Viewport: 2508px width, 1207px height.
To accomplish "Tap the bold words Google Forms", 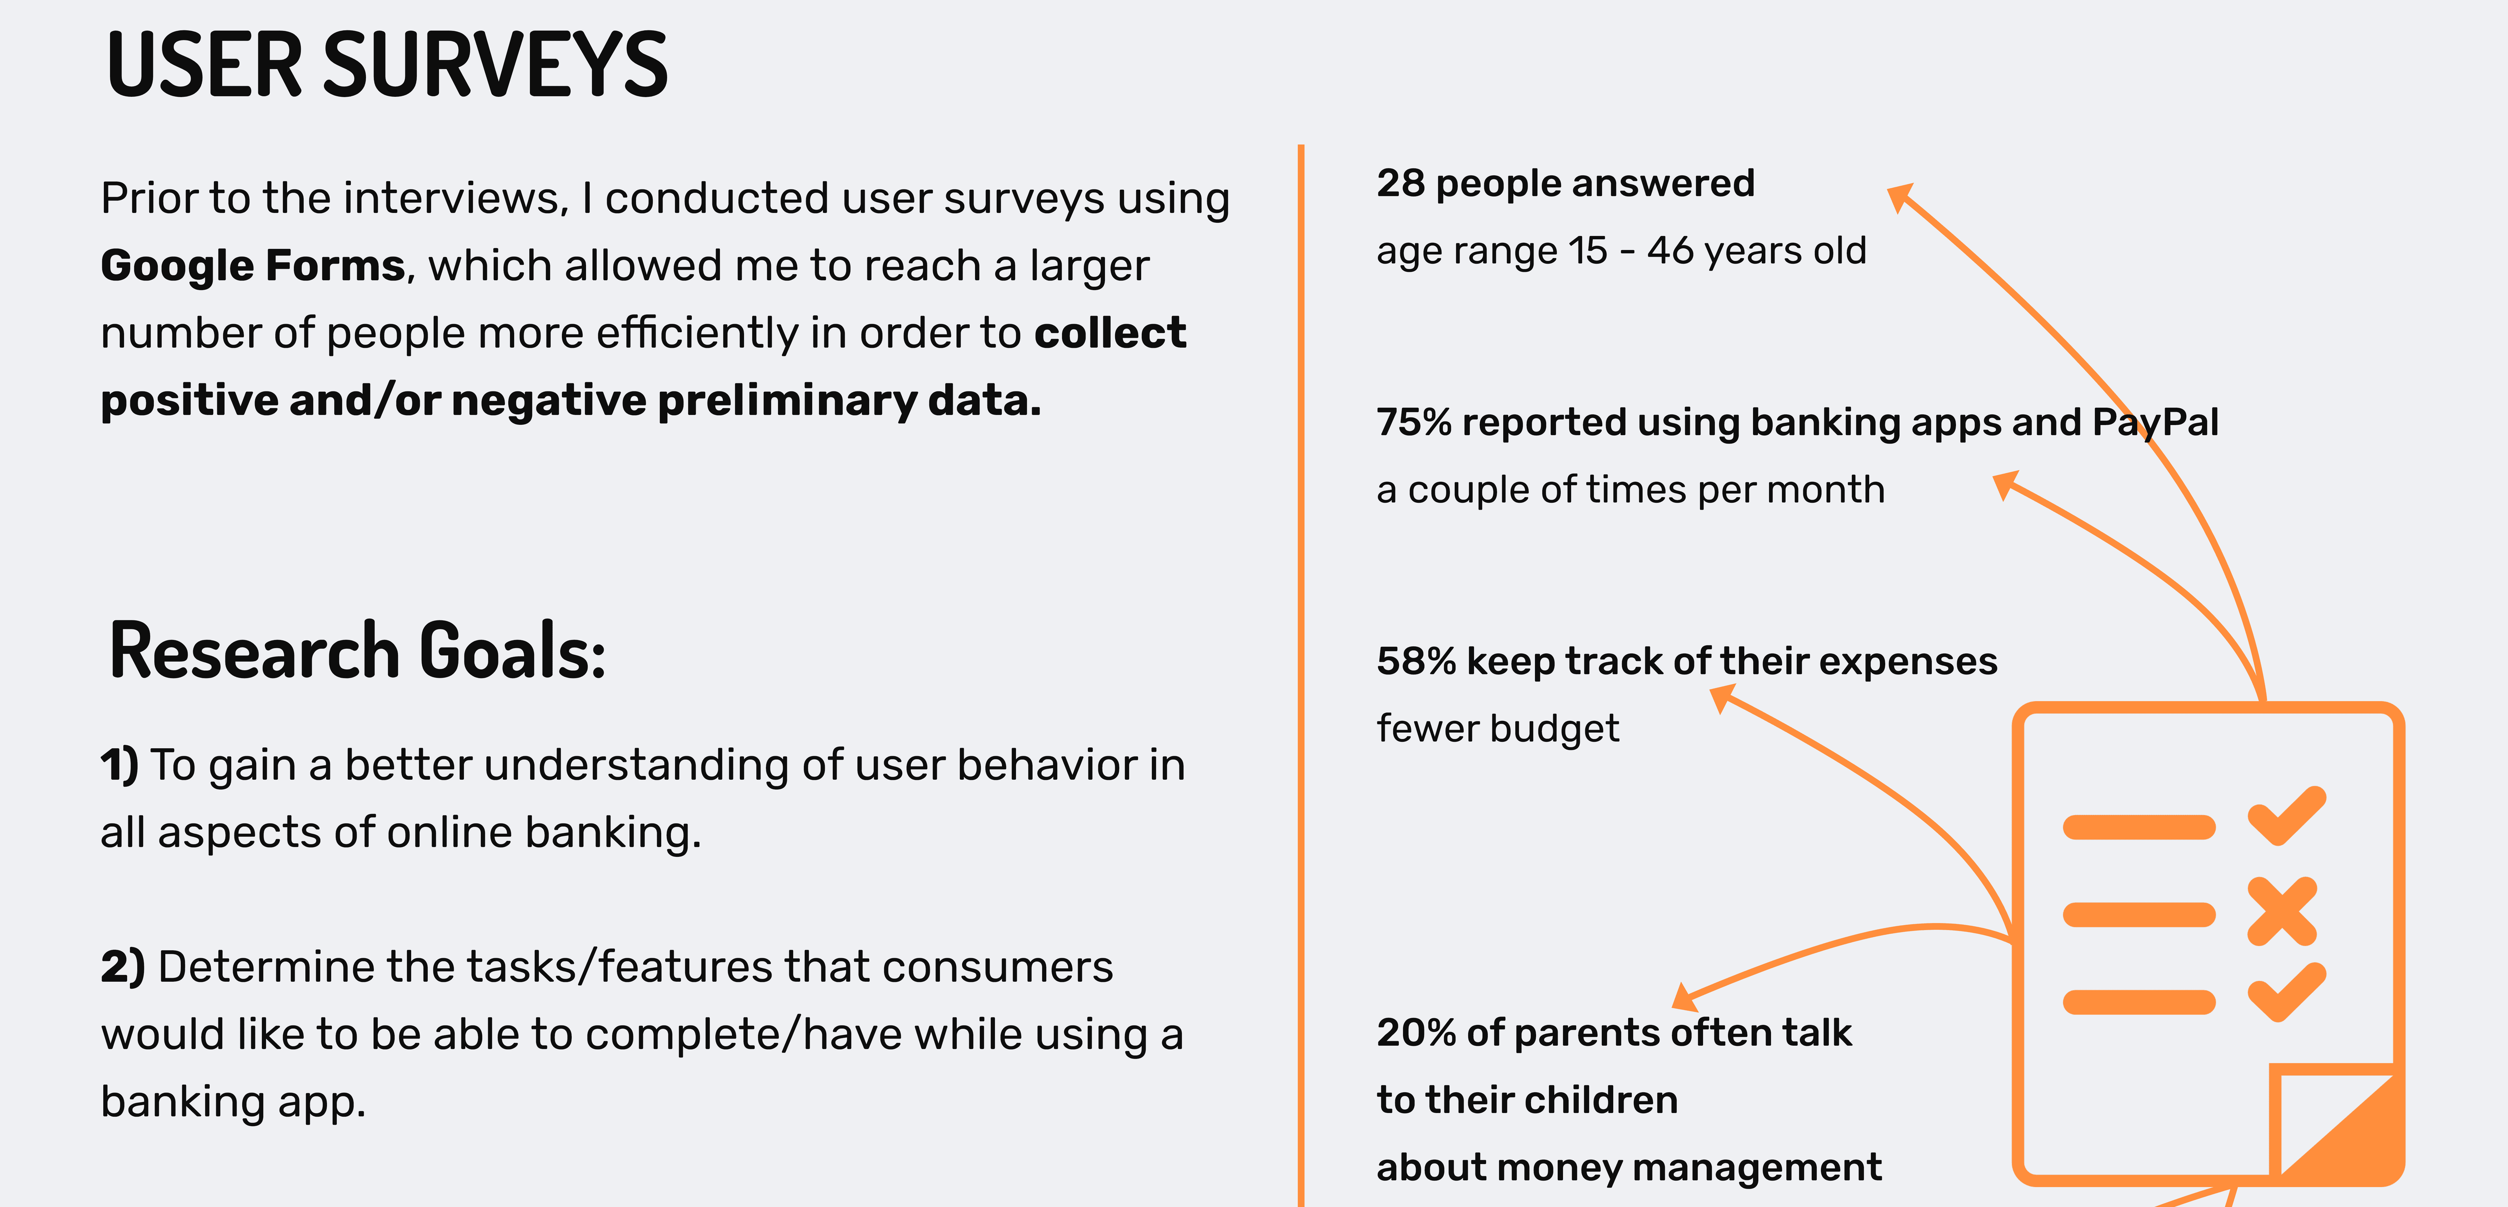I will (x=252, y=266).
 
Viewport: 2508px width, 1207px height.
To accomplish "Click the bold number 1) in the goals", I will (x=121, y=765).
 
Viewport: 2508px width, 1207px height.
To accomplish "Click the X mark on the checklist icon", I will (x=2281, y=911).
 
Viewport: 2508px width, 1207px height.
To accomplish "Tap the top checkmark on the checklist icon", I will (x=2286, y=816).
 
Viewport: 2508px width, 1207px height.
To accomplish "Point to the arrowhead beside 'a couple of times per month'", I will (x=2006, y=484).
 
